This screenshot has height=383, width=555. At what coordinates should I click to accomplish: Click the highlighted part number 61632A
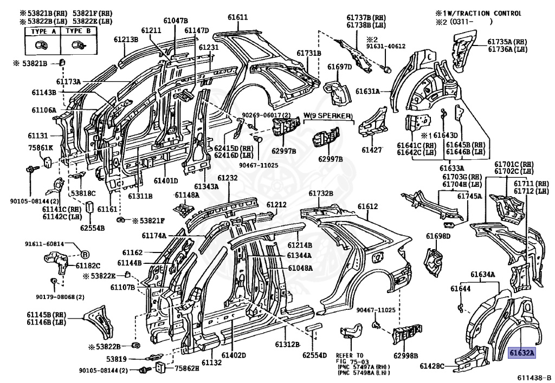(522, 353)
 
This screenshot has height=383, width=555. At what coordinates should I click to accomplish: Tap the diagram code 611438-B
(534, 378)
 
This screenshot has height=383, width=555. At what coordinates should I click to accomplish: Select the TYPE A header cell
(43, 31)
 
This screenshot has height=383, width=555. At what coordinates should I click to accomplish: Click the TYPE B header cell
(79, 31)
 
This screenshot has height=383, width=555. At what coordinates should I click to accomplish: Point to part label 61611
(237, 17)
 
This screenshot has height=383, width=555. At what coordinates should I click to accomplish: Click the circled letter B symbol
(85, 254)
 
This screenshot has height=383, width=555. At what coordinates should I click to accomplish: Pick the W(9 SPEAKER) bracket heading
(328, 116)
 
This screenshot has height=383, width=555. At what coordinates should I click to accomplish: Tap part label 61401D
(166, 181)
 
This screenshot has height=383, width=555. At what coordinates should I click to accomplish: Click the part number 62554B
(92, 228)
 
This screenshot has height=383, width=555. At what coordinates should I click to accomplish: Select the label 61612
(367, 206)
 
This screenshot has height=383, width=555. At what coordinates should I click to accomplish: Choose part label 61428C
(432, 366)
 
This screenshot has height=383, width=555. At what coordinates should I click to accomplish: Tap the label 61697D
(339, 67)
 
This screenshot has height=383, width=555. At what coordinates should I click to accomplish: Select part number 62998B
(405, 355)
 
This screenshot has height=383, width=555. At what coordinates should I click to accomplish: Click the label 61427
(372, 150)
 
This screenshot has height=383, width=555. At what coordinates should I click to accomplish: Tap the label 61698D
(438, 236)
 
